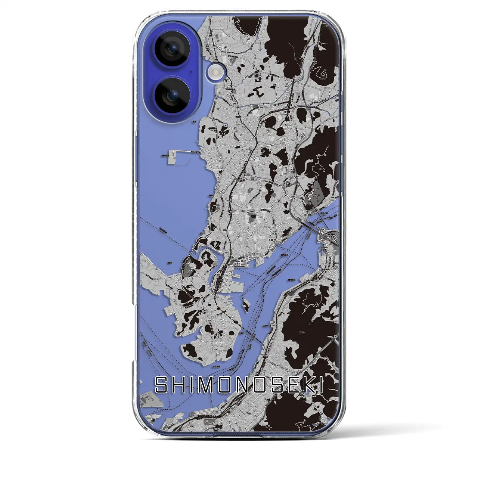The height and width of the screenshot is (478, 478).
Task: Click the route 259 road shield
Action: coord(261,107)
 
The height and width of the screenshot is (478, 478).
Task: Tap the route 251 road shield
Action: coord(215,264)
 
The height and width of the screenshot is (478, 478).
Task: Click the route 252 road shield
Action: coord(218,274)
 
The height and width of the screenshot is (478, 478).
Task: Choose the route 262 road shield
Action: coord(278,366)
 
